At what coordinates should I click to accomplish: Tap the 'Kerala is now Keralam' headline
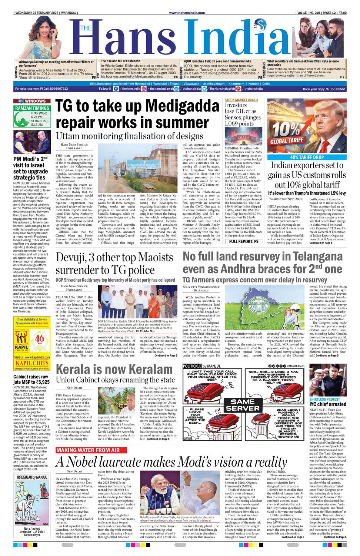[x=114, y=369]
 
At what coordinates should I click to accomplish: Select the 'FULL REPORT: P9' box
[x=243, y=241]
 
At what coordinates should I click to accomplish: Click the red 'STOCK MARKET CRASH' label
[x=241, y=100]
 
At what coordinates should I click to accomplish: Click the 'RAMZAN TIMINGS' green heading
[x=32, y=108]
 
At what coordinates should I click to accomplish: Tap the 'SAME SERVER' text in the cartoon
[x=243, y=404]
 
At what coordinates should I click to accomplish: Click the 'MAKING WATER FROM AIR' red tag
[x=88, y=450]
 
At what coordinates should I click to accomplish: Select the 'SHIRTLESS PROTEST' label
[x=324, y=399]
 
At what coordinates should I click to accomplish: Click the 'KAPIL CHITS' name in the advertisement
[x=32, y=363]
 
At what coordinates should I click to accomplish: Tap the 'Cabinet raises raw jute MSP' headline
[x=31, y=379]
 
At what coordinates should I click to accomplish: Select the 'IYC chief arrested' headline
[x=328, y=404]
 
